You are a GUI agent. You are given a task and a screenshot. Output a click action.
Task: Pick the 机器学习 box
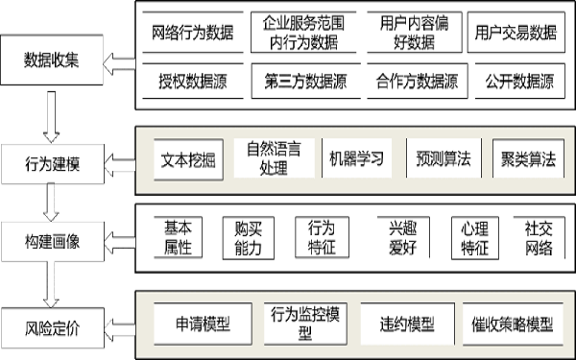click(355, 158)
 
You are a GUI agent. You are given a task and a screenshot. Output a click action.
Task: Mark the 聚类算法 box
click(524, 158)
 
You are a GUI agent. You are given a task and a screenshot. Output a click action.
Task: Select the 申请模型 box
click(204, 324)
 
